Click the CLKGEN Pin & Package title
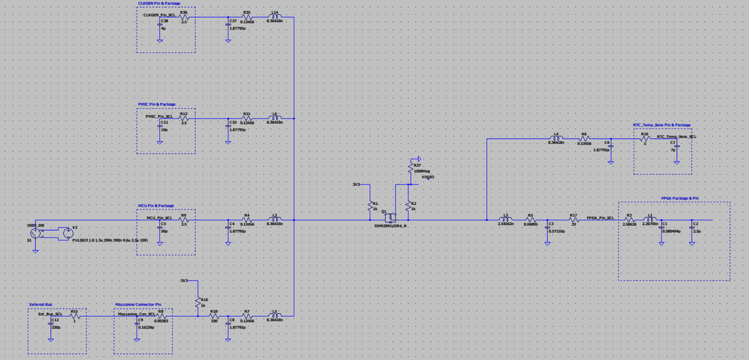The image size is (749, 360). (159, 3)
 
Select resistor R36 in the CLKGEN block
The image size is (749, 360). (184, 17)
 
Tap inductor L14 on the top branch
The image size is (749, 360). (275, 17)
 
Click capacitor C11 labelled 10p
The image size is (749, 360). (160, 127)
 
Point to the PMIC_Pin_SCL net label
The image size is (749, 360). (159, 116)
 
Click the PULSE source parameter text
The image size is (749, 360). (110, 241)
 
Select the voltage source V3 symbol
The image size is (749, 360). (68, 232)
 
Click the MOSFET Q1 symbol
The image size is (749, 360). (390, 218)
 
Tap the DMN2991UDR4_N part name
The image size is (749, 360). (390, 226)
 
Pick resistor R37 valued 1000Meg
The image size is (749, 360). (410, 168)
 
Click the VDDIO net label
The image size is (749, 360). (427, 177)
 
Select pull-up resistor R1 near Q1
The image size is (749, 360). (370, 206)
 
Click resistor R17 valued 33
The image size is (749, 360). (574, 220)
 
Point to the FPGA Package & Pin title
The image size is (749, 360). (679, 198)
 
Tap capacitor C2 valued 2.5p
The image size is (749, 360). (692, 228)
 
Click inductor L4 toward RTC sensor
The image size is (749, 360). (556, 138)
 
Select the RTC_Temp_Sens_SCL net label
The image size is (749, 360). (676, 137)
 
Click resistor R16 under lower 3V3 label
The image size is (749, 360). (198, 302)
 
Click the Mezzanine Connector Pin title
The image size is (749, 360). (138, 305)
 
